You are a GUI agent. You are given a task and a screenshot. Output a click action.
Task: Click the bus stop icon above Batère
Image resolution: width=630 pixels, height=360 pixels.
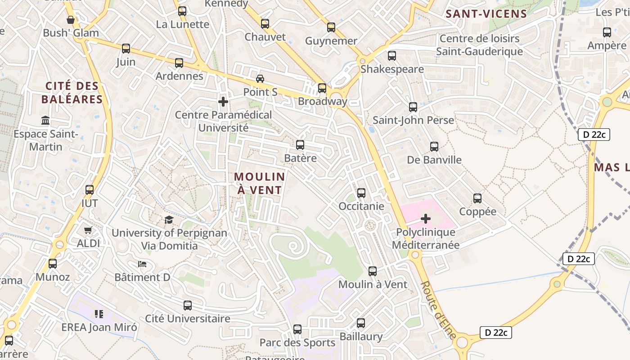[x=300, y=145]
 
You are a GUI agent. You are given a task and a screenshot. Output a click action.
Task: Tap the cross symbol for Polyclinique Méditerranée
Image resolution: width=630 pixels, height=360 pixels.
[x=425, y=219]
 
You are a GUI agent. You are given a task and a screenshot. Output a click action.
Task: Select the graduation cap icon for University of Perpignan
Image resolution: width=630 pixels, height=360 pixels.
[x=169, y=220]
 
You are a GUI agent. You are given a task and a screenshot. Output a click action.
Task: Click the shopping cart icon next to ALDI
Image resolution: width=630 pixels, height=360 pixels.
[x=88, y=230]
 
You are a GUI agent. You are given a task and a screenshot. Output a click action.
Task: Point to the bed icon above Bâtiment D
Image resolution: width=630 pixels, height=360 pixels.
[x=142, y=264]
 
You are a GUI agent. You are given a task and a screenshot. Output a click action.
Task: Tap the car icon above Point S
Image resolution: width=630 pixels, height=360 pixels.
[x=260, y=78]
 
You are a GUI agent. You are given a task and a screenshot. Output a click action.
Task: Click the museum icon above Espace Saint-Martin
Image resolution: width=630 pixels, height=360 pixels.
[x=45, y=121]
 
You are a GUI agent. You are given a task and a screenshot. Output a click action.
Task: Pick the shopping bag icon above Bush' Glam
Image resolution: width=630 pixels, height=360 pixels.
[x=71, y=20]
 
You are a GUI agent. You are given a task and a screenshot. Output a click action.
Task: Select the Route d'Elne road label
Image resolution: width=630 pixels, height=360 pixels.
[x=438, y=310]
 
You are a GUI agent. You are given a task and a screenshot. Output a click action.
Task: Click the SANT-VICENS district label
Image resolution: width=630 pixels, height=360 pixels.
[x=486, y=14]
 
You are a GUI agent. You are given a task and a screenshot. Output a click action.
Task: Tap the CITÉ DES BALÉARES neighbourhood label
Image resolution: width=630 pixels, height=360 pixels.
[x=74, y=93]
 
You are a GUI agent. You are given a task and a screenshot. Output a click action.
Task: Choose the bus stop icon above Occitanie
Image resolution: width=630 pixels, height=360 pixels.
[x=361, y=193]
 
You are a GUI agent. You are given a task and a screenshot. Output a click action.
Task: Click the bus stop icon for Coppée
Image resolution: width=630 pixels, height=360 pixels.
[x=477, y=198]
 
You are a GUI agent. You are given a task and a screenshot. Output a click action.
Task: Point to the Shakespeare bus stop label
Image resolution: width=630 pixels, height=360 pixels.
[x=392, y=69]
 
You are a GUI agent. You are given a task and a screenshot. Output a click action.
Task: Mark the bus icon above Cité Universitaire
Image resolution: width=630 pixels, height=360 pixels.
[x=188, y=306]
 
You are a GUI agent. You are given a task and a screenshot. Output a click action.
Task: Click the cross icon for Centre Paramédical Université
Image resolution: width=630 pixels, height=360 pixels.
[x=223, y=102]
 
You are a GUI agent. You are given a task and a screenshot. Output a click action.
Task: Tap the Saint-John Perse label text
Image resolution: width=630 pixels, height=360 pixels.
[x=413, y=121]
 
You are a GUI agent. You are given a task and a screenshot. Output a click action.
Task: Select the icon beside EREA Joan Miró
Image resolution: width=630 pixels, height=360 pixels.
[x=99, y=314]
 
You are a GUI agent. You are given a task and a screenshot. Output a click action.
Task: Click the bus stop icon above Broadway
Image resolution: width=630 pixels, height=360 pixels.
[x=322, y=88]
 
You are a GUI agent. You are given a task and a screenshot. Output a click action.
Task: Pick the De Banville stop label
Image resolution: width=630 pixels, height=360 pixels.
[x=434, y=160]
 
